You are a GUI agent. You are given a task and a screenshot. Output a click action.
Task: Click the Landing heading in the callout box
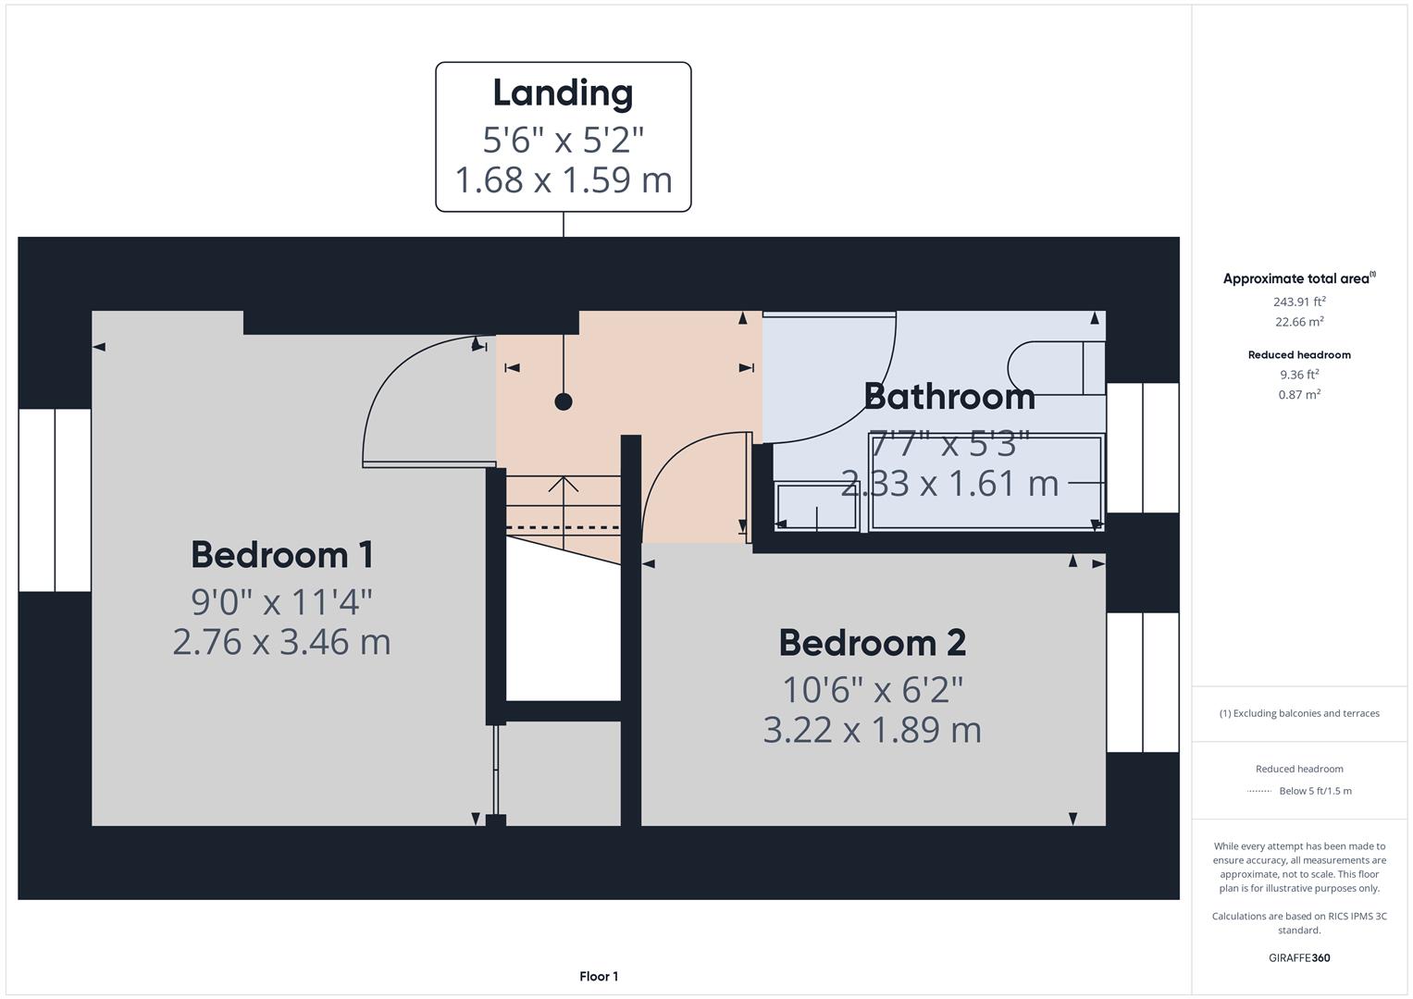563,92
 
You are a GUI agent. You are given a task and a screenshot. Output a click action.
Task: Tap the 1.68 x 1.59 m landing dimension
563,179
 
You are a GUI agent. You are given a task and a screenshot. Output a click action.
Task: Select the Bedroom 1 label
282,555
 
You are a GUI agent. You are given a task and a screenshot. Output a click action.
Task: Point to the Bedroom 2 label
872,643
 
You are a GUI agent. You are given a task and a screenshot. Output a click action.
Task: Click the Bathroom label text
948,396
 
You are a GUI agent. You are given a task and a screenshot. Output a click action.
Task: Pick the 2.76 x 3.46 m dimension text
282,641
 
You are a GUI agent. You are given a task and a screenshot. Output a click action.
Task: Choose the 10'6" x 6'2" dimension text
872,689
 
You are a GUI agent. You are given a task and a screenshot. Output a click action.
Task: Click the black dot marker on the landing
563,401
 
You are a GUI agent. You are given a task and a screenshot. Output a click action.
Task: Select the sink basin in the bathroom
817,506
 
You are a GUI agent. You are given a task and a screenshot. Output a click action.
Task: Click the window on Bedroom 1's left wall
55,499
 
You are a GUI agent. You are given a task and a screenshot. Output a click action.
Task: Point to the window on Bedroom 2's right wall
1143,682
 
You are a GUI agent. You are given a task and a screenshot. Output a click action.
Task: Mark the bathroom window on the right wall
1143,448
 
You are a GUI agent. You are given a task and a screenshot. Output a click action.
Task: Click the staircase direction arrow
564,486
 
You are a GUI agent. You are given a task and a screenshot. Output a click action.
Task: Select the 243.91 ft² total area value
1299,302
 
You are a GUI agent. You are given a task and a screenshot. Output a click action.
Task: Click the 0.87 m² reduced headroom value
1299,394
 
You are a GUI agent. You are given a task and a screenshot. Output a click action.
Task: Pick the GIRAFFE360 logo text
1299,957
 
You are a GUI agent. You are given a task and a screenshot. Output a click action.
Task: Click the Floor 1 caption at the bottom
599,976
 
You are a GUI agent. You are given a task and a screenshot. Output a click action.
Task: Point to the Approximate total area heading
1297,278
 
